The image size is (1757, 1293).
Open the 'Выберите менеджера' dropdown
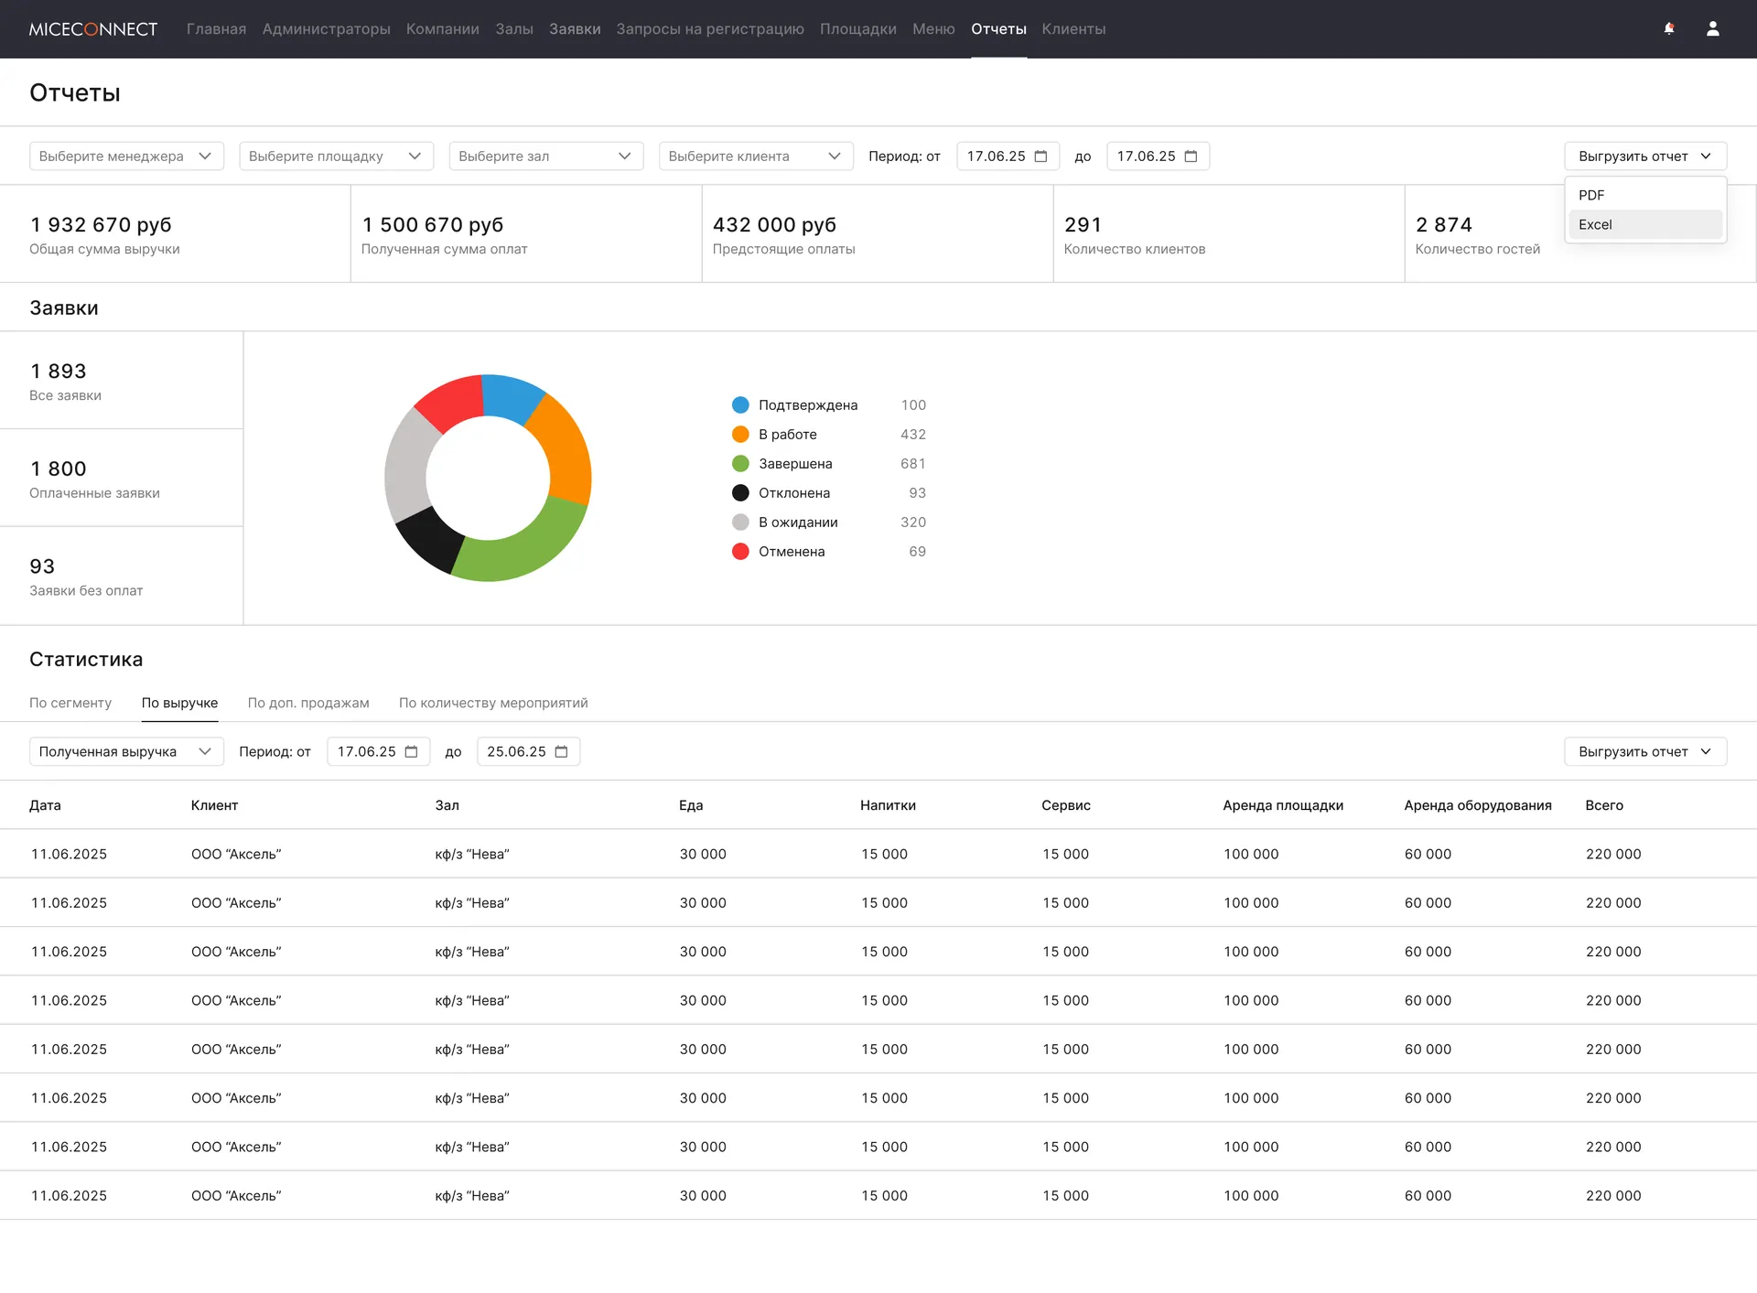click(126, 156)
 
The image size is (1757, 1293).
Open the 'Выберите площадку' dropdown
click(336, 156)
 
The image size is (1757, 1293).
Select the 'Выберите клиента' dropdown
click(756, 156)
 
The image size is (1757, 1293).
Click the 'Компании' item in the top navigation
click(443, 29)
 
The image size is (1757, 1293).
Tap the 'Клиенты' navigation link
click(1073, 29)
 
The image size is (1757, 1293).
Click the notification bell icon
click(1669, 29)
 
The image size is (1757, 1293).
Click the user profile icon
click(1713, 29)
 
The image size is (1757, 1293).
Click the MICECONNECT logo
click(93, 29)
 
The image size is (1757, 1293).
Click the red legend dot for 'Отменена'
click(740, 552)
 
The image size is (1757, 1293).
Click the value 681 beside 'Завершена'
click(913, 464)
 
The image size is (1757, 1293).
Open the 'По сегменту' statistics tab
click(70, 703)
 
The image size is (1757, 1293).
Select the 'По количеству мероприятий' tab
click(493, 703)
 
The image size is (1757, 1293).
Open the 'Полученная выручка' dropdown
click(126, 751)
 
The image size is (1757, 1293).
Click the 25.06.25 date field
click(528, 751)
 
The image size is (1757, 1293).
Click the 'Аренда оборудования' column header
click(1478, 805)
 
